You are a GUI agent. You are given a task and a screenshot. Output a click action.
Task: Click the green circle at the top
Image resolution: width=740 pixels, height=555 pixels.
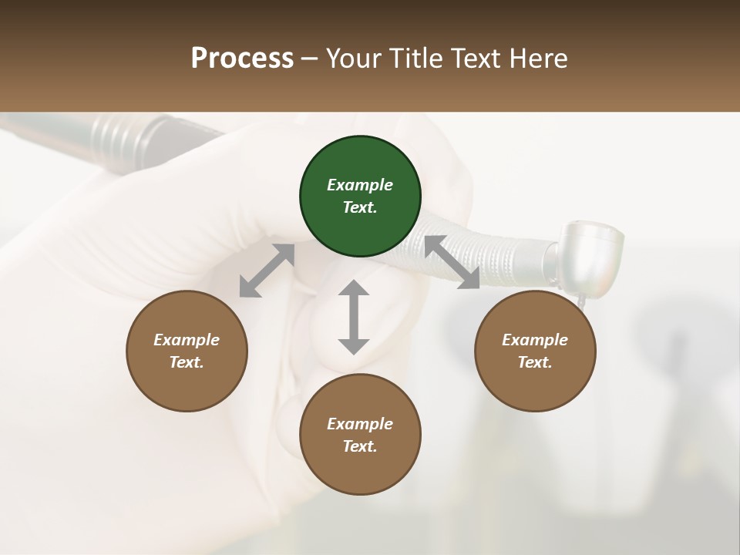[x=360, y=196]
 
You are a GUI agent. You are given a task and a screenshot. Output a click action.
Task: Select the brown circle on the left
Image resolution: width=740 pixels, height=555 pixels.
[x=187, y=351]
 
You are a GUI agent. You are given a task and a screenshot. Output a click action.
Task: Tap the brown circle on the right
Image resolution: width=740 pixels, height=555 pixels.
[x=534, y=351]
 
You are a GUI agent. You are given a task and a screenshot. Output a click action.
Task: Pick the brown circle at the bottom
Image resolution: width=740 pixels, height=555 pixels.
[x=360, y=435]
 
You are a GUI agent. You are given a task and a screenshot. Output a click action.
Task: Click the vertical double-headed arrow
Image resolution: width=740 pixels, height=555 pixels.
[x=354, y=317]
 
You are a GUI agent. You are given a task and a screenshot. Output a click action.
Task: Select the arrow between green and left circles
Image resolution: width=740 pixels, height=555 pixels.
[x=267, y=271]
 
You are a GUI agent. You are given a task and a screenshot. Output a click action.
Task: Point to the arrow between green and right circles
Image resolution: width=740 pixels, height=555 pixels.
[x=452, y=262]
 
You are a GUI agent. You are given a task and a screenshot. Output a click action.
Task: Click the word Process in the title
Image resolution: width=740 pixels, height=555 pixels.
[x=242, y=59]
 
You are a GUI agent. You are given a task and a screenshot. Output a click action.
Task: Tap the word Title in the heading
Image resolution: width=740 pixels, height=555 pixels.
[x=417, y=59]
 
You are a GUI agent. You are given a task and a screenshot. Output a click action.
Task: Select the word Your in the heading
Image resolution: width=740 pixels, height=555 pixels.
[x=353, y=59]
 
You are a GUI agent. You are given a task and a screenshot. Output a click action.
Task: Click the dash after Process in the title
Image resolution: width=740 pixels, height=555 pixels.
[x=310, y=59]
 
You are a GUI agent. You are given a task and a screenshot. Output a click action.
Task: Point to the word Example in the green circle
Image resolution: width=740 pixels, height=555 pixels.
[x=360, y=185]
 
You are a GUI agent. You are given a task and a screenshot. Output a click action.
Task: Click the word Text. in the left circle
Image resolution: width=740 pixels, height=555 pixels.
[x=187, y=362]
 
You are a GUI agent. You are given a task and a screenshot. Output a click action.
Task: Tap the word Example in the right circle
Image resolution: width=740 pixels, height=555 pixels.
[x=534, y=340]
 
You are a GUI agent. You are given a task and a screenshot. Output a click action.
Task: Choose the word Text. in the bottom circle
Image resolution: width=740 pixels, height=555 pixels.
[x=360, y=446]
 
